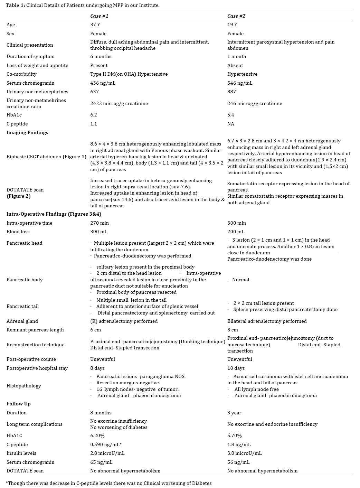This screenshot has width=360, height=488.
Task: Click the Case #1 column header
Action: [x=99, y=16]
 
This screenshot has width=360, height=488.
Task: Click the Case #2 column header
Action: [x=236, y=16]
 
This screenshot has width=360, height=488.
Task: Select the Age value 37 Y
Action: [x=95, y=25]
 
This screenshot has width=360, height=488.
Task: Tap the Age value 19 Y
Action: [x=232, y=25]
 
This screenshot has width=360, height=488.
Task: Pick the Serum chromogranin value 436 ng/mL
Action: [x=103, y=83]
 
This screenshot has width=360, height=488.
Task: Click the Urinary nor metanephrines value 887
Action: [x=231, y=92]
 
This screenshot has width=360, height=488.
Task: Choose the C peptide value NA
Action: [x=230, y=124]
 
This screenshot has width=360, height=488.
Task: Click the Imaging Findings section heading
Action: [x=27, y=132]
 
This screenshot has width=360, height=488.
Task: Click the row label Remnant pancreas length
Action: [x=35, y=330]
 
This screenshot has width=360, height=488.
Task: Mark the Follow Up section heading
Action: [x=19, y=404]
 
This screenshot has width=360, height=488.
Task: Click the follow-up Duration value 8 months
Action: [x=101, y=413]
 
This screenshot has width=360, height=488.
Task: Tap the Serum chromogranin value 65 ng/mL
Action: [x=101, y=462]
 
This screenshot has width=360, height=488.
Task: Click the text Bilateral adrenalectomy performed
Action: [x=267, y=321]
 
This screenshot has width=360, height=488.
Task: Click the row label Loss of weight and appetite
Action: [x=37, y=65]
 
